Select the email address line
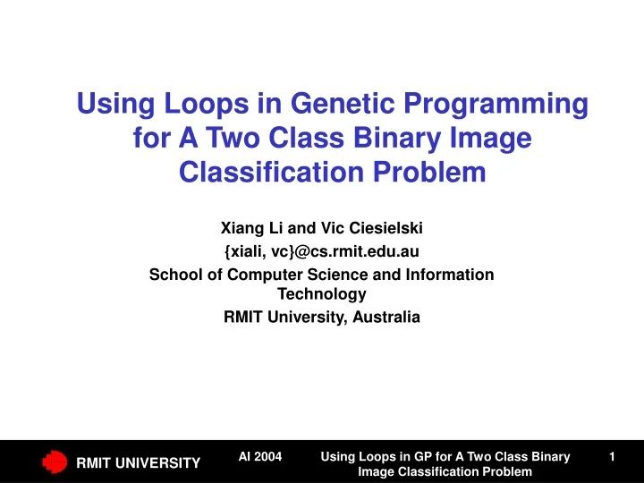[322, 251]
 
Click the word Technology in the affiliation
[322, 293]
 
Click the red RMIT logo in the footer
[55, 462]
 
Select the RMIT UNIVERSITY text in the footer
[138, 462]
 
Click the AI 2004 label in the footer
[260, 457]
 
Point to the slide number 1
[612, 457]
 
